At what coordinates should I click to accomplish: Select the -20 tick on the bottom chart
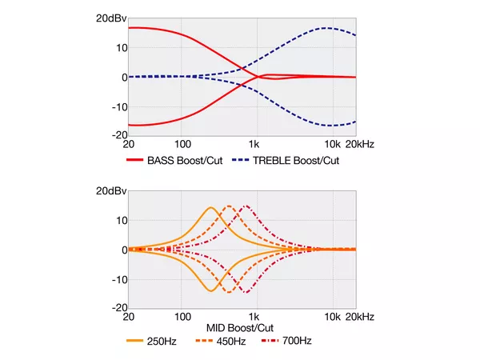tap(117, 308)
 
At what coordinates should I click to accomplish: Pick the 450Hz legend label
tap(232, 341)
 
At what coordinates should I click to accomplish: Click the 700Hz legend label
tap(295, 341)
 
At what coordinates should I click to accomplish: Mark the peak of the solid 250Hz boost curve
tap(211, 208)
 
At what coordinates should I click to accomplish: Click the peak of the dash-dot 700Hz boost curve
tap(246, 206)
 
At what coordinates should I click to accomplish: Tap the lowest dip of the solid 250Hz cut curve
tap(211, 290)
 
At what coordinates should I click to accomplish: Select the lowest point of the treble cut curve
tap(328, 126)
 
